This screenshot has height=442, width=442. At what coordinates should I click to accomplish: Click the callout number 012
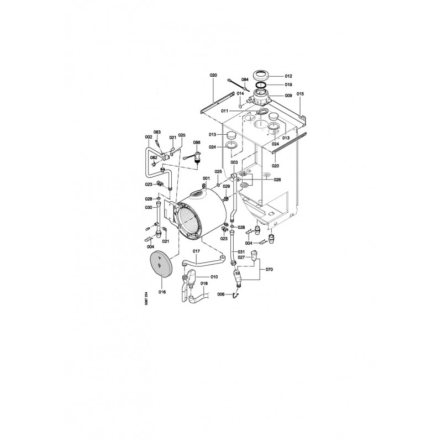point(288,76)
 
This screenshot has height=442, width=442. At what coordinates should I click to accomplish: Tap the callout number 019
point(288,85)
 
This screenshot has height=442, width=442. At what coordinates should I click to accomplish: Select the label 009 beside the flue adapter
point(288,96)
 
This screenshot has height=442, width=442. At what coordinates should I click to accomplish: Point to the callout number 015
point(300,94)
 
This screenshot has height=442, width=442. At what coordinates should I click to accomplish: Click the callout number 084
point(245,80)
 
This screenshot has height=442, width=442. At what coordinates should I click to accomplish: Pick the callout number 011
point(224,111)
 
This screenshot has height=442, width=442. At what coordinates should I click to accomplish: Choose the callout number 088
point(197,143)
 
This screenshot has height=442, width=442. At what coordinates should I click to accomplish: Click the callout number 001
point(206,178)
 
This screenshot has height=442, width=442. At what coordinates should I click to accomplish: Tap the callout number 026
point(277,180)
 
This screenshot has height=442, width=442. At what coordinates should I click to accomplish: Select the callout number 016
point(162,292)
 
